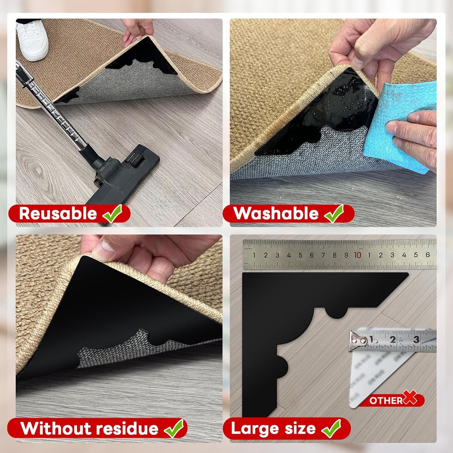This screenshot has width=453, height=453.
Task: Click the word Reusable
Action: point(58,213)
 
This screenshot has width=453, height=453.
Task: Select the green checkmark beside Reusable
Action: point(113,213)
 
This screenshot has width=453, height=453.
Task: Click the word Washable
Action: point(276,213)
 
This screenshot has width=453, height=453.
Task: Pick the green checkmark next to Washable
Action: point(334,213)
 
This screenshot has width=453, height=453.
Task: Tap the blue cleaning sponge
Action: point(404,125)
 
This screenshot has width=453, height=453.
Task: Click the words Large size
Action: point(273,429)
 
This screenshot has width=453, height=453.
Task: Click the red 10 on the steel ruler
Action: point(357,255)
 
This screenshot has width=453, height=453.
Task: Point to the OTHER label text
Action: point(386,400)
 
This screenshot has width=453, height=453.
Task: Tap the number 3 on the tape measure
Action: point(416,339)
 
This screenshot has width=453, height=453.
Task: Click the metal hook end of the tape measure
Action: point(358,340)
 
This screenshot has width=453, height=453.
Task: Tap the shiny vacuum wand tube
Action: point(53,107)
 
